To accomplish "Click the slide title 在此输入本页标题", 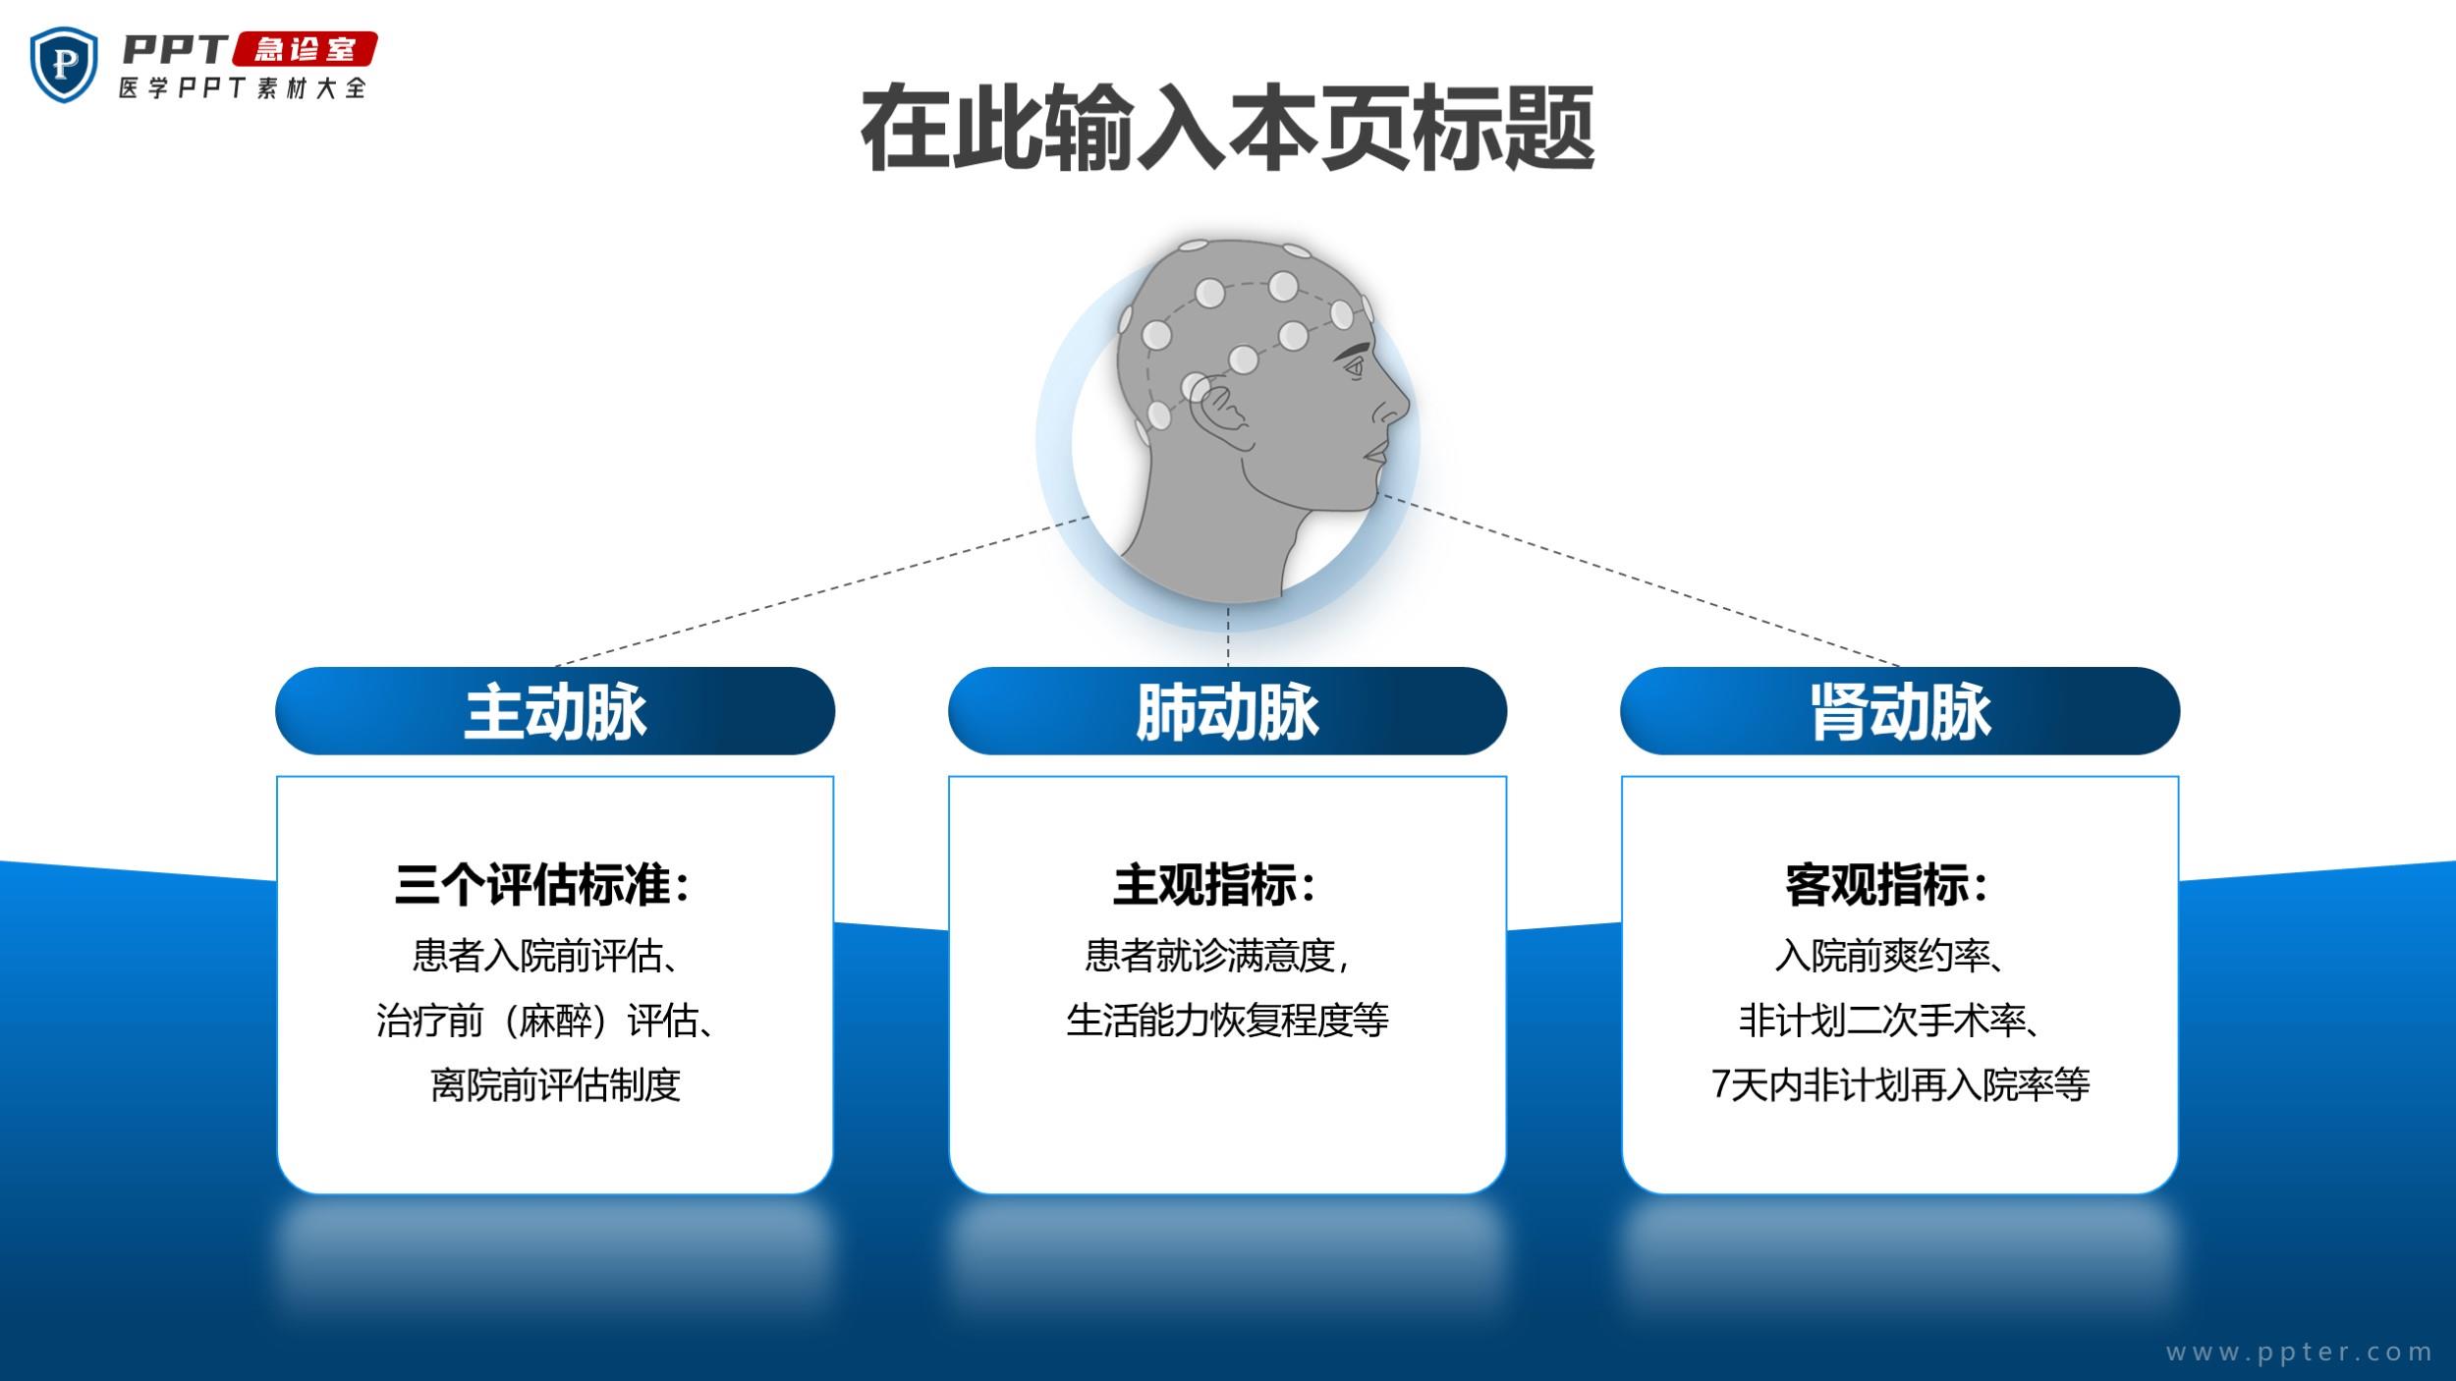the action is tap(1227, 129).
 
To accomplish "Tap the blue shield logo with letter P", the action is tap(64, 64).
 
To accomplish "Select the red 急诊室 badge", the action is tap(305, 49).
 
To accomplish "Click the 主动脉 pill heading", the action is tap(555, 711).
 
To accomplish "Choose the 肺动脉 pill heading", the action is tap(1227, 711).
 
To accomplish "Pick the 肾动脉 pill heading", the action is tap(1900, 711).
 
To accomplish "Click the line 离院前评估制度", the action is tap(556, 1084).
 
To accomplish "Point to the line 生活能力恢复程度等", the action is tap(1228, 1020).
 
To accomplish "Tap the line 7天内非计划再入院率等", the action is tap(1900, 1084).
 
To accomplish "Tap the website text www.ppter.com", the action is tap(2300, 1353).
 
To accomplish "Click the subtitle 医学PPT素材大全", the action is tap(243, 87).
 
